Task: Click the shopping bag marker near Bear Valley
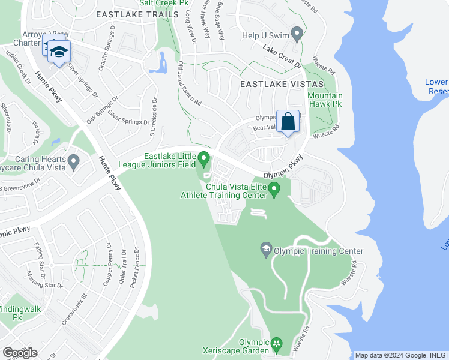288,121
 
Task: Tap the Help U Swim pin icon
296,32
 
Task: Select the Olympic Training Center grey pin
265,248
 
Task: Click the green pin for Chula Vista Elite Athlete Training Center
274,191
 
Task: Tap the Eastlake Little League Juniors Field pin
204,159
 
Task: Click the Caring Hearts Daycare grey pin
73,161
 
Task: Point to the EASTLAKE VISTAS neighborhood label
282,85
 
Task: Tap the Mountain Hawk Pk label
325,100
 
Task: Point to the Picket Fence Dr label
137,266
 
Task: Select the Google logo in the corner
20,353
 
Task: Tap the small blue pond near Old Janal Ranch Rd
160,63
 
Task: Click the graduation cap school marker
59,52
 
